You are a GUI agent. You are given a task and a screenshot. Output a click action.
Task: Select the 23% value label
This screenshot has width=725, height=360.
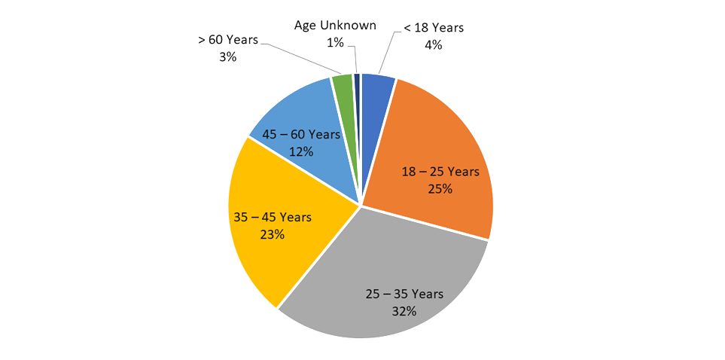tap(272, 234)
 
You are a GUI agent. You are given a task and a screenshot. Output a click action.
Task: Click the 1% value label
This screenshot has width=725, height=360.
tap(334, 43)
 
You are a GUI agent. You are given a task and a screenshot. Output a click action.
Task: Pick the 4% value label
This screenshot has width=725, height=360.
tap(433, 44)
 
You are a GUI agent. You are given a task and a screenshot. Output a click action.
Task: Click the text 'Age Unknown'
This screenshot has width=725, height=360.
tap(334, 26)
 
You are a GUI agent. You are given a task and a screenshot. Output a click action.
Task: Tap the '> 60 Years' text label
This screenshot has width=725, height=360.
tap(228, 39)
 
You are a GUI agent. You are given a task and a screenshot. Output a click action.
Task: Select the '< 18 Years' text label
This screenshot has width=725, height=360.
tap(434, 28)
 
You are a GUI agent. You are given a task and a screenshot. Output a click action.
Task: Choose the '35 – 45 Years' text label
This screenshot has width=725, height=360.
tap(272, 217)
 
